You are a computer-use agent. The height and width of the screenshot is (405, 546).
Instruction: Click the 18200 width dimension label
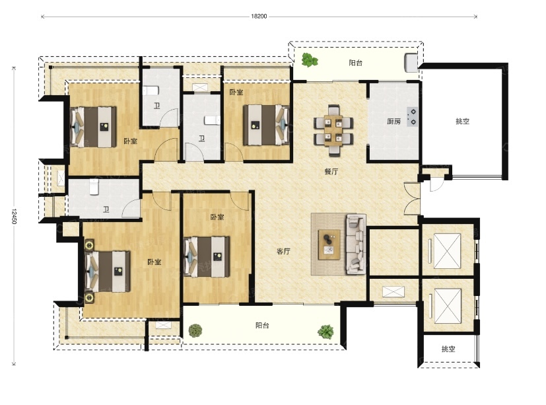259,16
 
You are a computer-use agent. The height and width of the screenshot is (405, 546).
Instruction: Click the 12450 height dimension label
14,216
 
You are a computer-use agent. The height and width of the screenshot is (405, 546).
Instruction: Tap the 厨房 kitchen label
394,122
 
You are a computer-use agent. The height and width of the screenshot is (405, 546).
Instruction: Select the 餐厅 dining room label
331,172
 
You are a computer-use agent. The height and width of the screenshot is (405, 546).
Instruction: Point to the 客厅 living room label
283,251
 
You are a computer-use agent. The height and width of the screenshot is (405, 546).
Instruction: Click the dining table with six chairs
333,130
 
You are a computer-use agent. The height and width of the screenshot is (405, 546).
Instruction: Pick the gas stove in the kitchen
413,117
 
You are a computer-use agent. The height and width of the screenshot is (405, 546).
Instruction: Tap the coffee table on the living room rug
329,244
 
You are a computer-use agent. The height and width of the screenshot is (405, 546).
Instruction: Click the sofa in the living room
356,244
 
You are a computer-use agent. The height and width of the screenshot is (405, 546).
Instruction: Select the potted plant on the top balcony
309,59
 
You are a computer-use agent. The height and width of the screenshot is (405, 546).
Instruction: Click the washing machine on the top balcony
411,62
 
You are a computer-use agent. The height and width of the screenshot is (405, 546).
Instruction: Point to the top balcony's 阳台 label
355,63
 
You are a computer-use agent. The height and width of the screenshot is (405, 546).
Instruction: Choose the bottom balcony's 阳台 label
262,326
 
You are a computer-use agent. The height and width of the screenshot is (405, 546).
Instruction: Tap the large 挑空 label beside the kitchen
462,122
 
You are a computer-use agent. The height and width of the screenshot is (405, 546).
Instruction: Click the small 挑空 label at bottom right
448,349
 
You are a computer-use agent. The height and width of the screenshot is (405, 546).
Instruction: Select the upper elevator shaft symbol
447,251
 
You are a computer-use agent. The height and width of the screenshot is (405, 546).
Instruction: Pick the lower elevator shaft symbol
447,306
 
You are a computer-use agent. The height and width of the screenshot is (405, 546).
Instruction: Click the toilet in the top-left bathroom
151,91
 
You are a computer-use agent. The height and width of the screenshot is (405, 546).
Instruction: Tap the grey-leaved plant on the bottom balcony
195,330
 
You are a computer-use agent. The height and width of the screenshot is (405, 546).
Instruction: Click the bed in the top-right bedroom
266,125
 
